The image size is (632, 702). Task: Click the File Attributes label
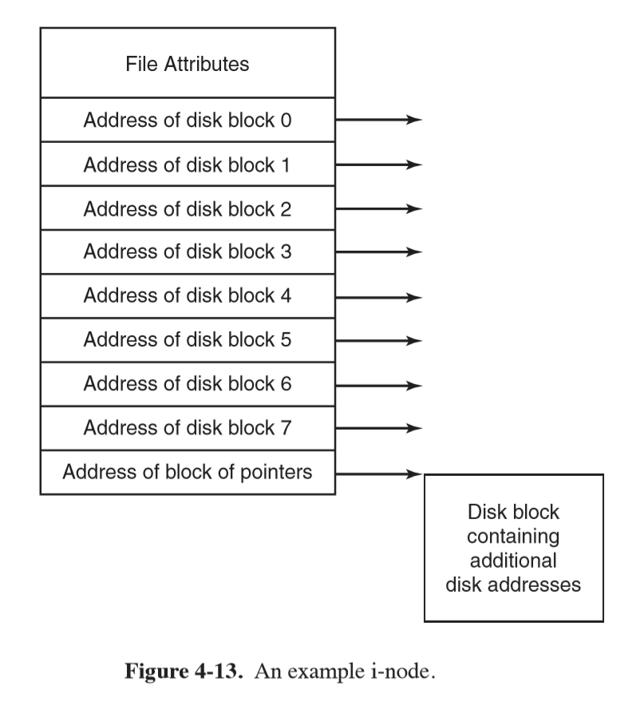click(188, 64)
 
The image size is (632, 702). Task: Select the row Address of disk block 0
click(188, 121)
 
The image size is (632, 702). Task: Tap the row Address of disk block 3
click(188, 252)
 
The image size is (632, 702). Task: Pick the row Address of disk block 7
click(188, 428)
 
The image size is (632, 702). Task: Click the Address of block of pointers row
click(188, 472)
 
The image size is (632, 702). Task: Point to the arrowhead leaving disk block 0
click(413, 121)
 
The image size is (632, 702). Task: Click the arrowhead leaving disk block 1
click(413, 165)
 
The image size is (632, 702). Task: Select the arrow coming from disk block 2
click(377, 208)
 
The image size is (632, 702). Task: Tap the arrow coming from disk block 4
click(377, 296)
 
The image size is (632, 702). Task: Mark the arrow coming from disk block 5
click(377, 340)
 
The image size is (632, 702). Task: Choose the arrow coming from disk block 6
click(377, 384)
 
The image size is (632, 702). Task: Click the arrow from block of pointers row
click(377, 473)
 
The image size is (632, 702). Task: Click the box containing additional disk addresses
click(513, 548)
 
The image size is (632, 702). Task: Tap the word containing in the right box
click(513, 535)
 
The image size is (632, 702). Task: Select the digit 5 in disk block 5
click(286, 340)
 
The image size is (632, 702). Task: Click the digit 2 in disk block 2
click(286, 208)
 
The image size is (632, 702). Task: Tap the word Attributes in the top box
click(207, 64)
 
